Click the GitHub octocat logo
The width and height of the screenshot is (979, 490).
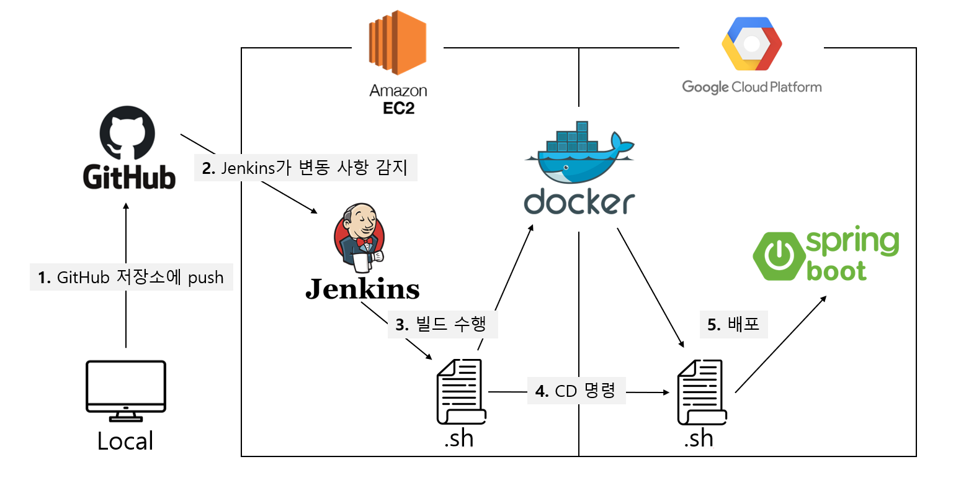127,132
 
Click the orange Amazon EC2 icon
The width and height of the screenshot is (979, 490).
398,42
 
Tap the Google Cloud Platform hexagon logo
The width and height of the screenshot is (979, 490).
751,44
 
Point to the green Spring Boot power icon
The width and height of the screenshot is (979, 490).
778,255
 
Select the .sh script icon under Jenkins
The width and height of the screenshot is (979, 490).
461,392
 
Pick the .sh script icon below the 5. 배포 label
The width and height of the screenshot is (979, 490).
702,392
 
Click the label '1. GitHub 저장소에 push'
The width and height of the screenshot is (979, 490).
131,277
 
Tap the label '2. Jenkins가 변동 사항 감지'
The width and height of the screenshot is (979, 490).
305,168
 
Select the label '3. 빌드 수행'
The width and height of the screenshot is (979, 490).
442,324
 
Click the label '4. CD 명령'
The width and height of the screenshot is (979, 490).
576,391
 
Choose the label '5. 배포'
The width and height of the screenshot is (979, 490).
733,324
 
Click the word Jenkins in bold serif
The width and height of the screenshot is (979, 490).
362,289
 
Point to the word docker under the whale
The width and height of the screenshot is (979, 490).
579,202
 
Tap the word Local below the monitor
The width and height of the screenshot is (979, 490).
125,441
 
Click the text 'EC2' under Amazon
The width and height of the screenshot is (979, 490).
398,109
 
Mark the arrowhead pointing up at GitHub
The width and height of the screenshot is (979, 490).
126,206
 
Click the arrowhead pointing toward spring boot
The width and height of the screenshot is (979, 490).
823,299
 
